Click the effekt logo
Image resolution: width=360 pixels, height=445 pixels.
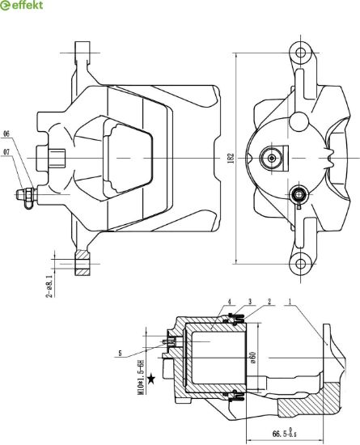(22, 5)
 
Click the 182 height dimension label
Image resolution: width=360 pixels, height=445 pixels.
(231, 158)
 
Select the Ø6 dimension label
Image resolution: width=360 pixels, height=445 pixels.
(6, 133)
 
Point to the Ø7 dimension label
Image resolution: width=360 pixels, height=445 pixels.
(6, 152)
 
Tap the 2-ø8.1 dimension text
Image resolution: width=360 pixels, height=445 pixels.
(49, 286)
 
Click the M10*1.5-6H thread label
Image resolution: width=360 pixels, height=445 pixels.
(141, 377)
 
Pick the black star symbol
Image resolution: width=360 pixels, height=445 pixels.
(151, 379)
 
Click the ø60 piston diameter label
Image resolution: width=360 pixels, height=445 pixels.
(252, 358)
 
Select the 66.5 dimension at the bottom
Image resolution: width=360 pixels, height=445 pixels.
(285, 434)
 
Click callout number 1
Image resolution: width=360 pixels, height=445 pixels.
(290, 302)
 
